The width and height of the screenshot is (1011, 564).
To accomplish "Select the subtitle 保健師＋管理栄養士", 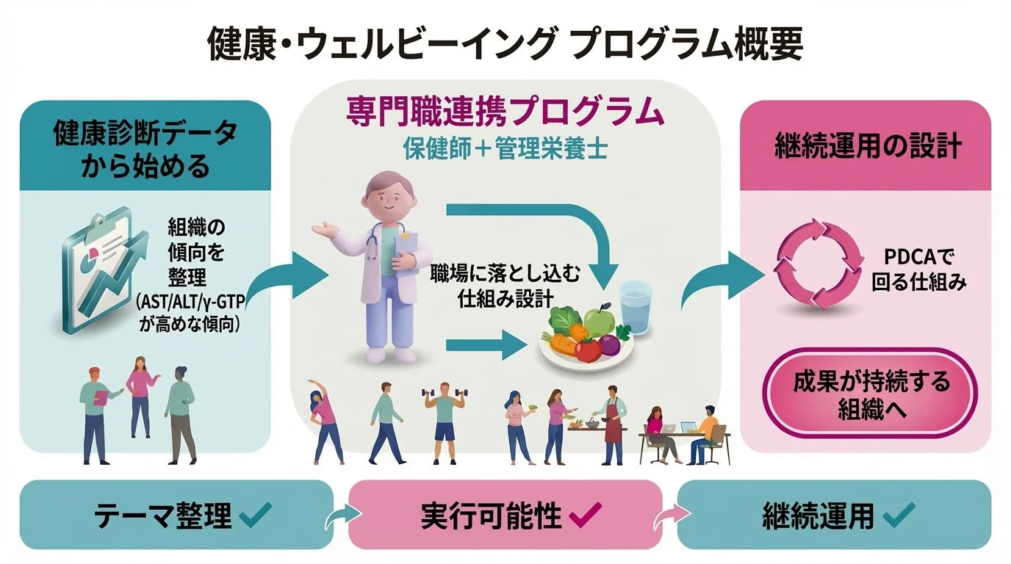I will tap(505, 147).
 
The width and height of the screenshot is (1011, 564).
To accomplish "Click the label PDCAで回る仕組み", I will tap(918, 270).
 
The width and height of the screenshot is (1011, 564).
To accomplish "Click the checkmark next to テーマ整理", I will tap(256, 516).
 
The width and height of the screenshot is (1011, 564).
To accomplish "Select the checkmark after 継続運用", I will tap(898, 516).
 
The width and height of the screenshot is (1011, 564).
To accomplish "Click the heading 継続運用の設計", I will tap(868, 146).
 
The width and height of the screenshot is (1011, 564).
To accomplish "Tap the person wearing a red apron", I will tap(611, 426).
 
